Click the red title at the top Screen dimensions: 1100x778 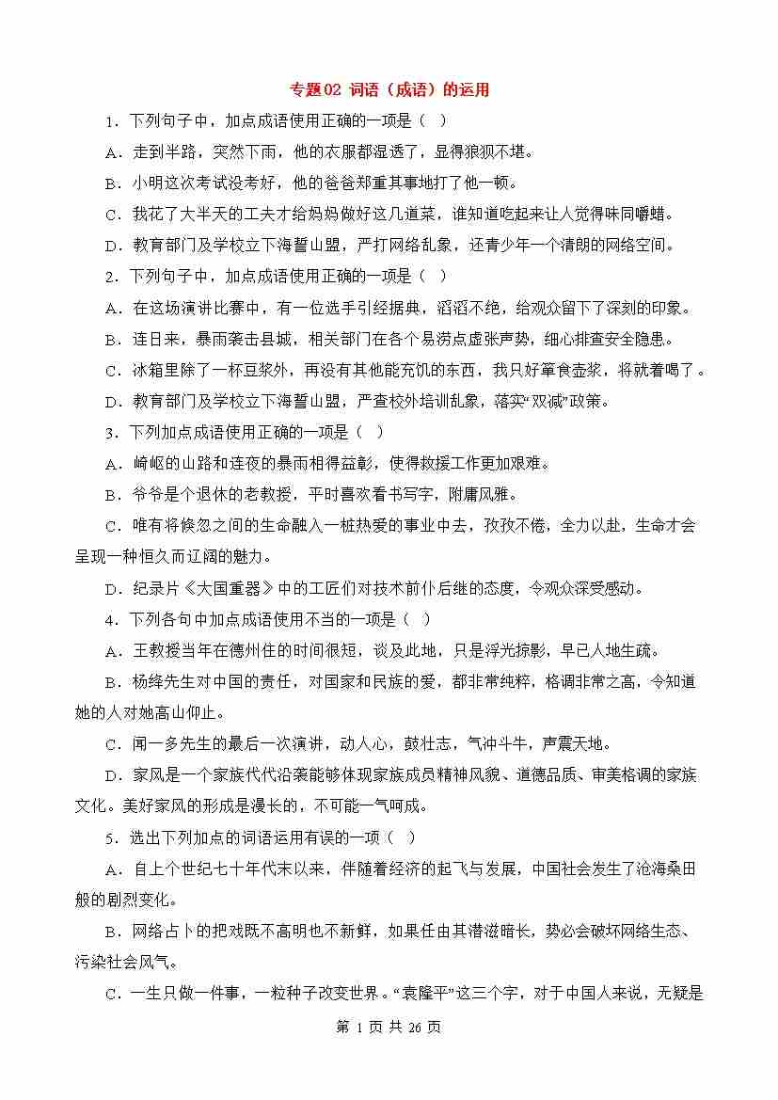[389, 90]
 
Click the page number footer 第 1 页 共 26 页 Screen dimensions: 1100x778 [389, 1027]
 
